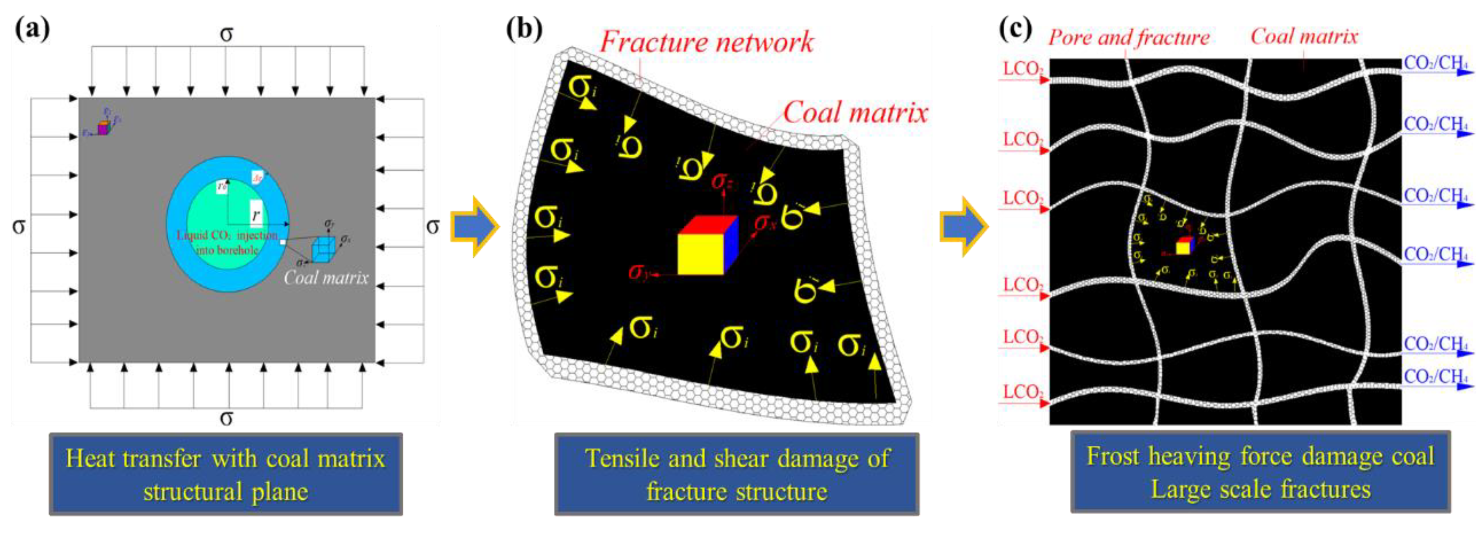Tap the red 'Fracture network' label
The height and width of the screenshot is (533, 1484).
tap(706, 43)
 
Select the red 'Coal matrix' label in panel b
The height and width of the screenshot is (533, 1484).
tap(855, 112)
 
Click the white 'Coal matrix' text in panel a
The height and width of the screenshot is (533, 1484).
tap(326, 278)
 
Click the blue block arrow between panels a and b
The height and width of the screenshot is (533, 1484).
tap(474, 226)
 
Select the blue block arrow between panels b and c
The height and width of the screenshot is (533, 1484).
tap(964, 226)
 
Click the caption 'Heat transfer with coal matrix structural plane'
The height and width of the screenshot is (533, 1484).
tap(225, 474)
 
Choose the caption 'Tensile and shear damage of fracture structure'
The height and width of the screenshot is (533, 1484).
tap(736, 474)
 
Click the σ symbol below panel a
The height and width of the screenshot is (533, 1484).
tap(227, 418)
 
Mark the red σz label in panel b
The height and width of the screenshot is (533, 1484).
tap(721, 181)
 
